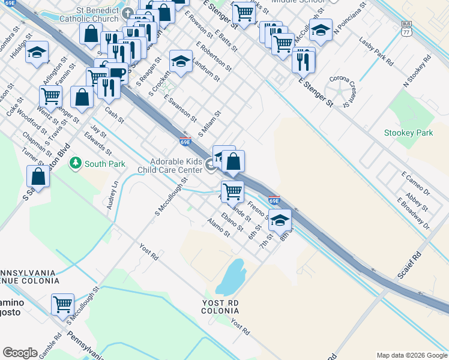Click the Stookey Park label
(x=408, y=133)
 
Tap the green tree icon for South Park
(x=76, y=163)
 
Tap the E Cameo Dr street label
(x=415, y=183)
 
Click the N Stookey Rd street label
(x=418, y=72)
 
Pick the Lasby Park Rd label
(x=376, y=53)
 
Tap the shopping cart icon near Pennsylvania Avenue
(x=62, y=304)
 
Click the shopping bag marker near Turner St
(x=38, y=177)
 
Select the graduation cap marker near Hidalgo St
(x=37, y=53)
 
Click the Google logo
(x=20, y=353)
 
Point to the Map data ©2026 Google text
(x=412, y=355)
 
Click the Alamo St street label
(x=218, y=227)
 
